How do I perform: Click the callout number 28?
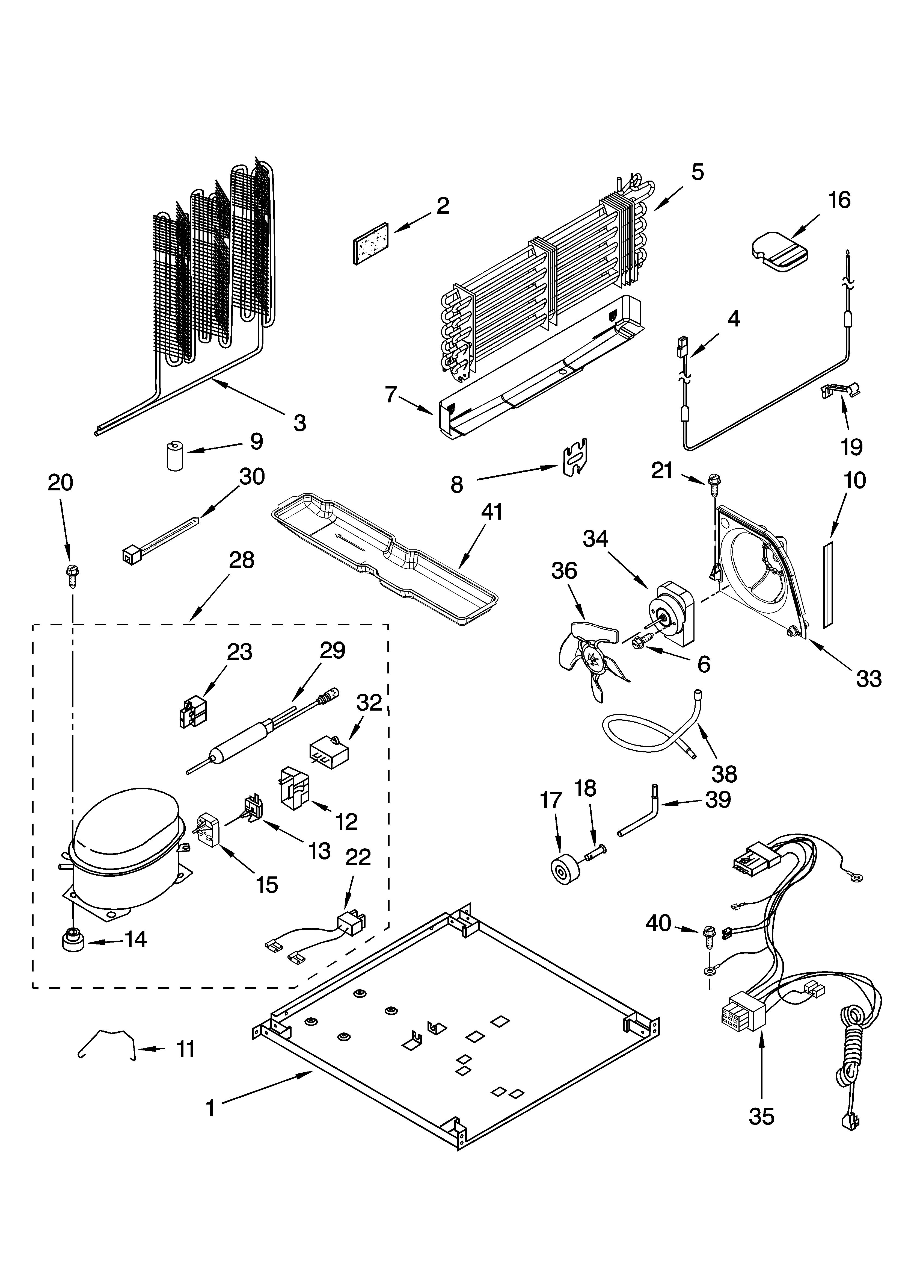242,560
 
